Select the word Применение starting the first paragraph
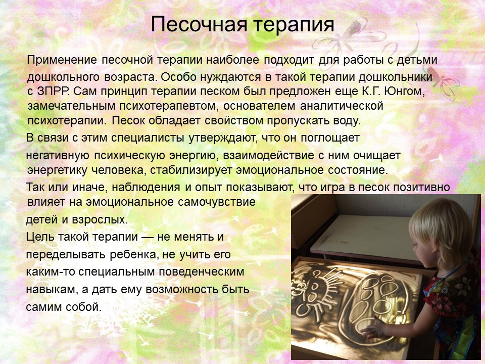62,60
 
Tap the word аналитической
342,106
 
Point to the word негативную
58,155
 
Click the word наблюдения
145,188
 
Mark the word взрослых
100,220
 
